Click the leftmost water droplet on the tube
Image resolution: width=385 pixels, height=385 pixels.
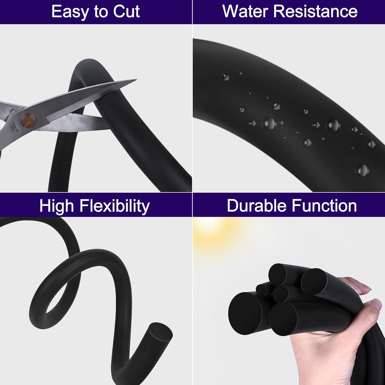point(226,77)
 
